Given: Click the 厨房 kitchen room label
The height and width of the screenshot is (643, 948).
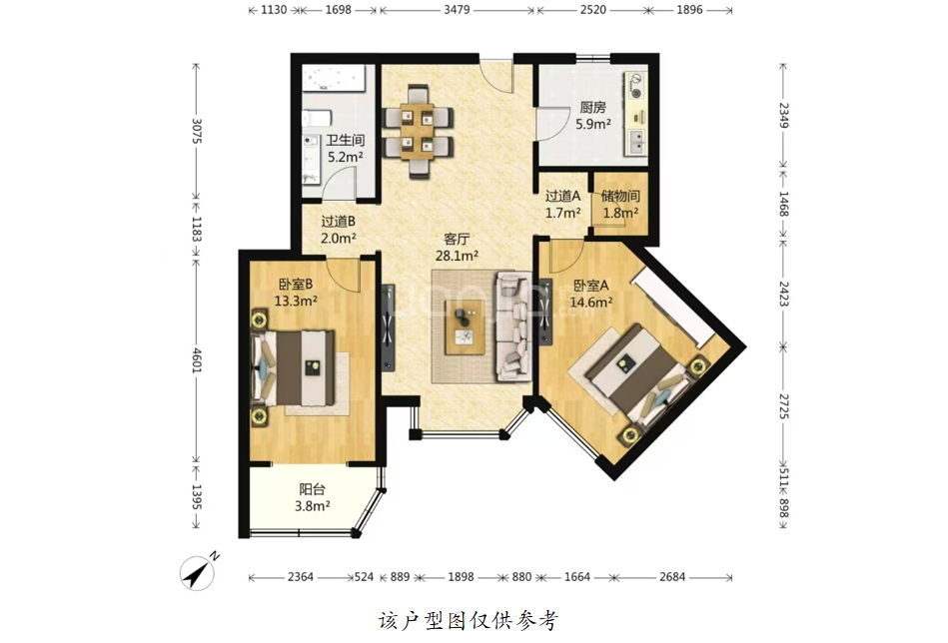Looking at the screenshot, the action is pyautogui.click(x=592, y=108).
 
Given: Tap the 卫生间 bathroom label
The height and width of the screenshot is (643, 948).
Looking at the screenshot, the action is pyautogui.click(x=346, y=140).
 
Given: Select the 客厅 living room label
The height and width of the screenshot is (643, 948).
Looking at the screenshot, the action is pyautogui.click(x=457, y=240).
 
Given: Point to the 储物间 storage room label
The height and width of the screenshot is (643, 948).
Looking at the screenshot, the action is pyautogui.click(x=620, y=196).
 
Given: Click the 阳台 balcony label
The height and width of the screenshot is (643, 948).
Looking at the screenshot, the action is pyautogui.click(x=312, y=489).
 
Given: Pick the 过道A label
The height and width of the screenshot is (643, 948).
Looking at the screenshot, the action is pyautogui.click(x=562, y=196).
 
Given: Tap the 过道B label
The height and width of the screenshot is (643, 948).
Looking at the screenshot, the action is pyautogui.click(x=338, y=222).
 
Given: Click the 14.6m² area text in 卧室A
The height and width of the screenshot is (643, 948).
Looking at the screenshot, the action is pyautogui.click(x=591, y=302).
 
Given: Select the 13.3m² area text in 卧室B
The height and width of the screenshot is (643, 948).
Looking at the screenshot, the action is pyautogui.click(x=296, y=301).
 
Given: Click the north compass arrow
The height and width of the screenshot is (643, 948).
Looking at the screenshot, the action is pyautogui.click(x=200, y=570).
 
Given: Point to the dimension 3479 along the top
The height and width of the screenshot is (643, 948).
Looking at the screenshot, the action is pyautogui.click(x=457, y=10).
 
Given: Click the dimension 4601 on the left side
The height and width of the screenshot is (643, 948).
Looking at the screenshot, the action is pyautogui.click(x=196, y=360).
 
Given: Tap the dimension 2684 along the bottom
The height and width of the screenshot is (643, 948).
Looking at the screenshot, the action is pyautogui.click(x=672, y=577).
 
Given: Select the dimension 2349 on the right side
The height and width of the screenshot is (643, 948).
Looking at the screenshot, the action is pyautogui.click(x=783, y=115).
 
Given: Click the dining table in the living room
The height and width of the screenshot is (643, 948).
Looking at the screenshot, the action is pyautogui.click(x=418, y=131).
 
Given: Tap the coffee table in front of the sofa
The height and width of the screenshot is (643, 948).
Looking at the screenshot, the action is pyautogui.click(x=465, y=326).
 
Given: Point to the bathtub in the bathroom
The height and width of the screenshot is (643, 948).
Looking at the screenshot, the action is pyautogui.click(x=335, y=79).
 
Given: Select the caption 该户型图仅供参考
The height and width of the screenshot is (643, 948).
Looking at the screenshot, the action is pyautogui.click(x=469, y=621).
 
